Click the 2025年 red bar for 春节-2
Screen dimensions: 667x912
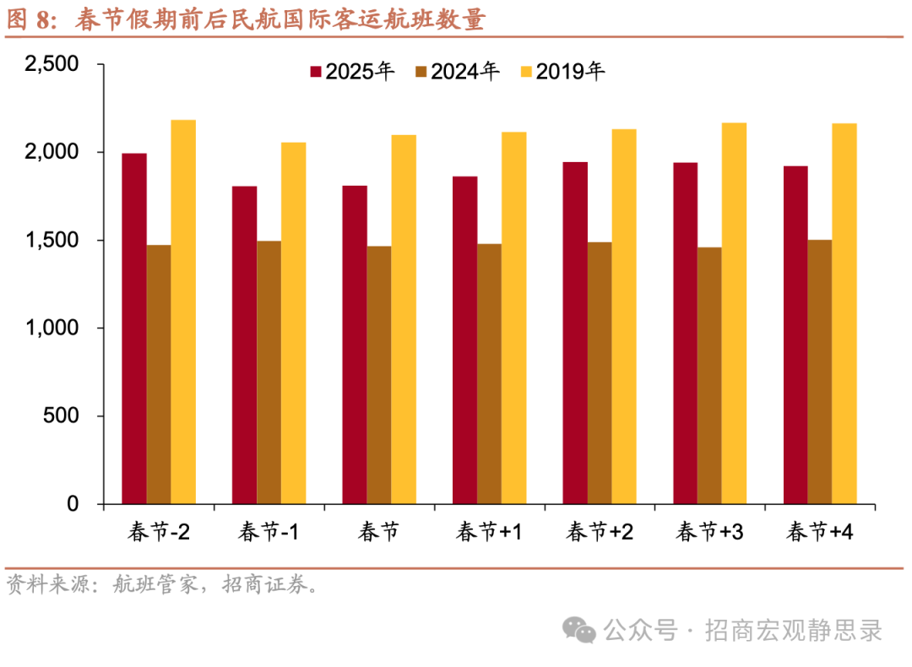[134, 328]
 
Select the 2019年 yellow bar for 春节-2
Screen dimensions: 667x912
[183, 312]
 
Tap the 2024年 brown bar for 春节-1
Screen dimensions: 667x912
[269, 372]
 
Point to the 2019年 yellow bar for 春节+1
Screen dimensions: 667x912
[513, 317]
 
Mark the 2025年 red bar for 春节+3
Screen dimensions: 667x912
[685, 333]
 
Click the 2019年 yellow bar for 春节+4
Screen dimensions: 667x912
[844, 313]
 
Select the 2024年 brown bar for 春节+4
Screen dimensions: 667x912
[820, 371]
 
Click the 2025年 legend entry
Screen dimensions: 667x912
[353, 72]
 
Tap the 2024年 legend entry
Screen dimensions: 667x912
[458, 72]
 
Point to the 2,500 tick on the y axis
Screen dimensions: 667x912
[52, 65]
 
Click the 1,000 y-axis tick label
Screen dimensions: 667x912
[52, 328]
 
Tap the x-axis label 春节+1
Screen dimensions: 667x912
[489, 532]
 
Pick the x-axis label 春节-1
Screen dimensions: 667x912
[269, 532]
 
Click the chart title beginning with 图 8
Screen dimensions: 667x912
[246, 19]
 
